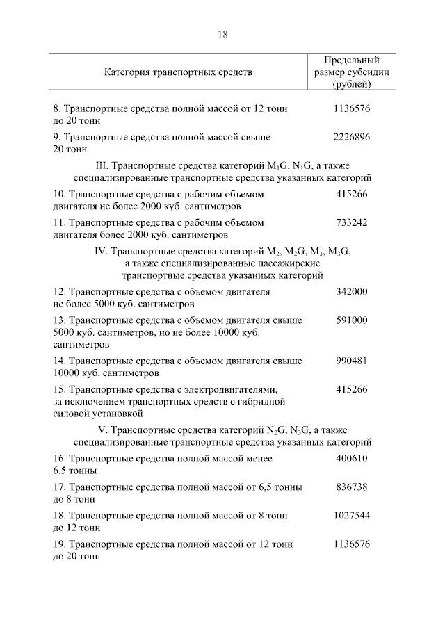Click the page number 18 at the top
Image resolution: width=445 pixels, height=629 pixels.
[222, 34]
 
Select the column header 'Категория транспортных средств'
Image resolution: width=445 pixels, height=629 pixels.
[178, 72]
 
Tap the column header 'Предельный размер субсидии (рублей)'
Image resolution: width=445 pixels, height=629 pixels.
[351, 72]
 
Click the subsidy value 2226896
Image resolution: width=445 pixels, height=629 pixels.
[351, 138]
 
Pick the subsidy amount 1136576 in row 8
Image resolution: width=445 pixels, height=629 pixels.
[351, 109]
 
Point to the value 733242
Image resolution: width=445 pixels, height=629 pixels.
[351, 222]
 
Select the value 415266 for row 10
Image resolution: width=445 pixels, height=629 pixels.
[351, 194]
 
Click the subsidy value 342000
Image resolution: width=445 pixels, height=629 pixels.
[351, 292]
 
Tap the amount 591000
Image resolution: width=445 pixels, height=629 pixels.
[351, 320]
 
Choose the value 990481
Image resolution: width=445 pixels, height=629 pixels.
[351, 361]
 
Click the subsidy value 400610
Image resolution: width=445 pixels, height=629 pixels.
[351, 459]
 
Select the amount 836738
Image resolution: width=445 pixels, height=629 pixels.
[351, 487]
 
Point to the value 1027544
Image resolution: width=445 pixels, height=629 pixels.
[351, 516]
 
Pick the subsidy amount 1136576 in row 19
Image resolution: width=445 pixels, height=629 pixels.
[351, 544]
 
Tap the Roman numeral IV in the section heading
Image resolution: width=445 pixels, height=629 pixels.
[99, 251]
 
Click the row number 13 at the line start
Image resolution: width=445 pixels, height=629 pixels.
[58, 320]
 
